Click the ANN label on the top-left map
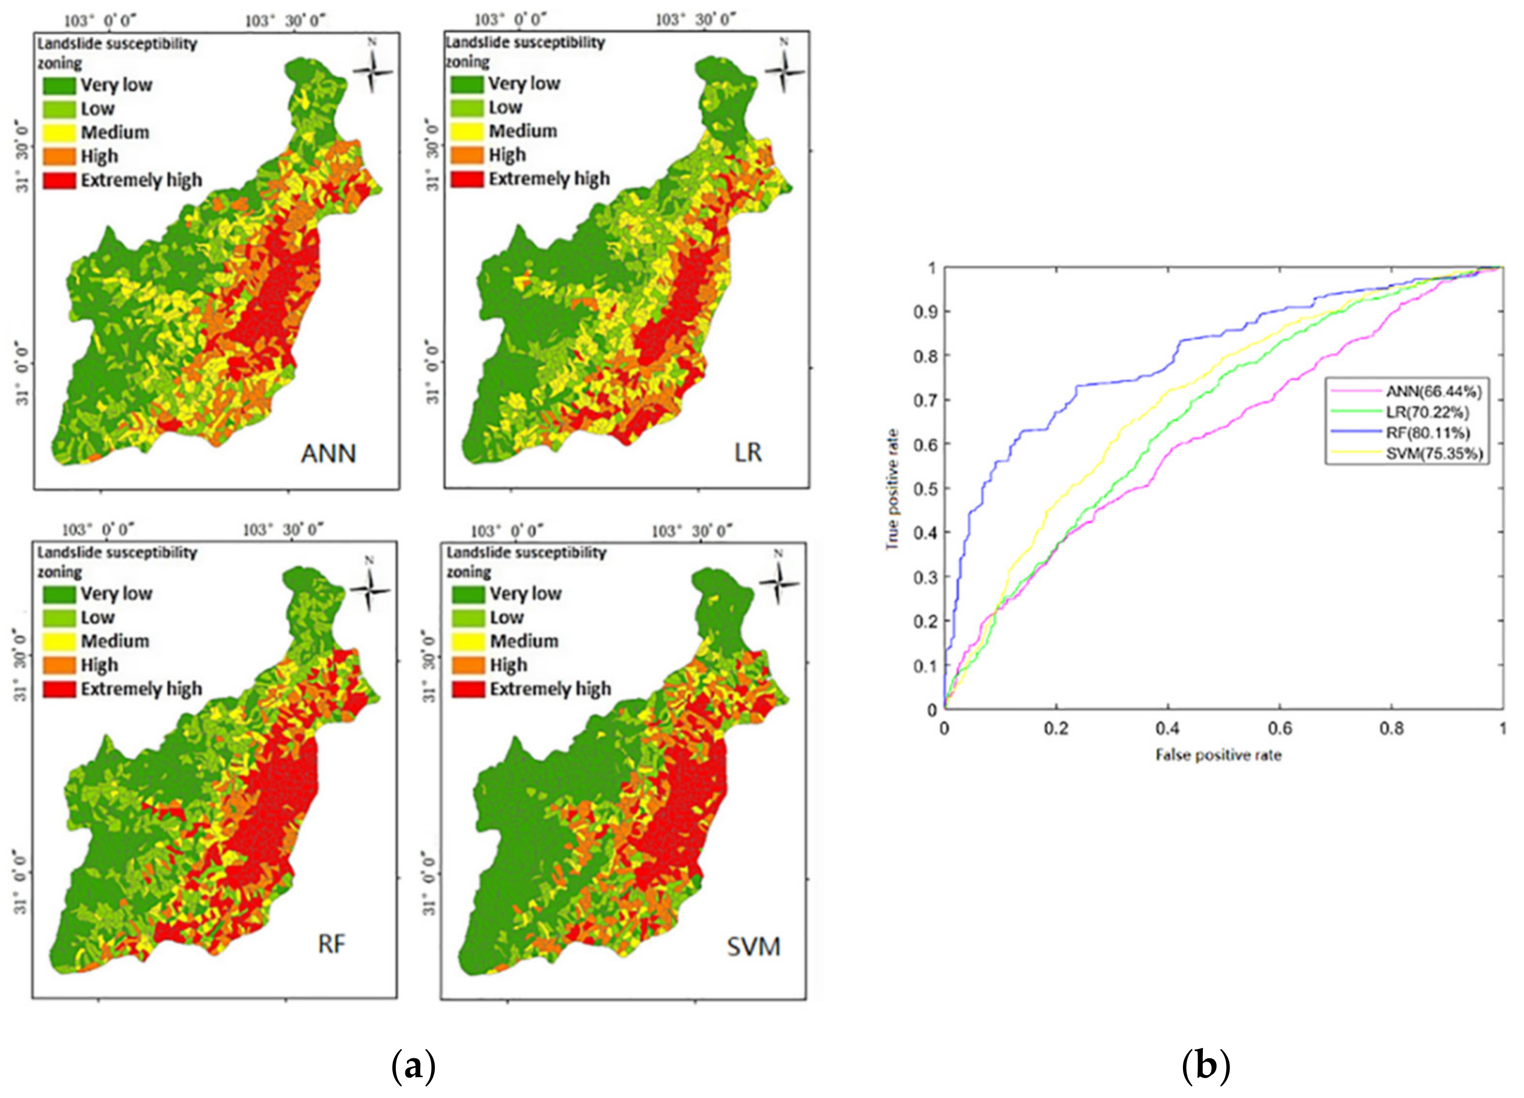tap(328, 454)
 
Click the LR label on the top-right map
tap(748, 452)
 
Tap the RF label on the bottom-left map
tap(331, 944)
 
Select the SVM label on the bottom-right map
tap(753, 947)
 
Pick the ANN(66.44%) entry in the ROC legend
tap(1432, 391)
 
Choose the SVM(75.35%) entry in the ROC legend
tap(1433, 454)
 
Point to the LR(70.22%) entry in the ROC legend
tap(1427, 412)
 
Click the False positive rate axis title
tap(1218, 755)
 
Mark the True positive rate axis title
tap(892, 489)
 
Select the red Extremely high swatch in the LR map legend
tap(467, 179)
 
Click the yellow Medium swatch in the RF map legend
tap(59, 641)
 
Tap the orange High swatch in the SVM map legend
tap(467, 665)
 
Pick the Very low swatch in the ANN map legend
tap(59, 85)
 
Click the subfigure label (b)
tap(1206, 1067)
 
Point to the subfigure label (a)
tap(413, 1067)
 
